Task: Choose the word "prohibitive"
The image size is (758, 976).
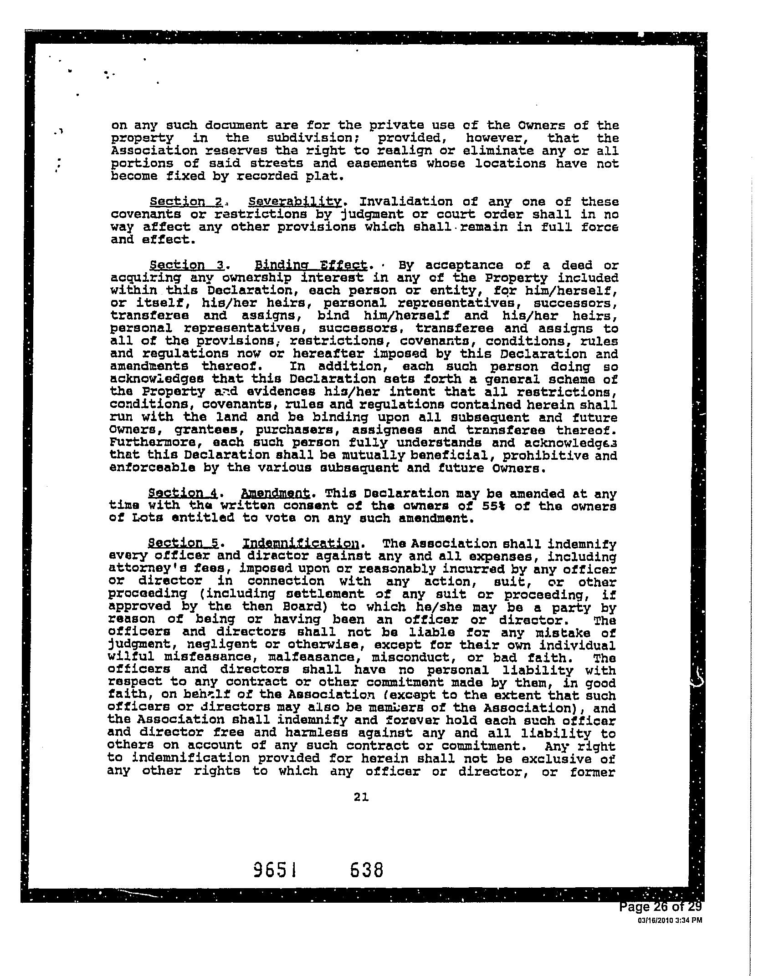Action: click(x=544, y=455)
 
